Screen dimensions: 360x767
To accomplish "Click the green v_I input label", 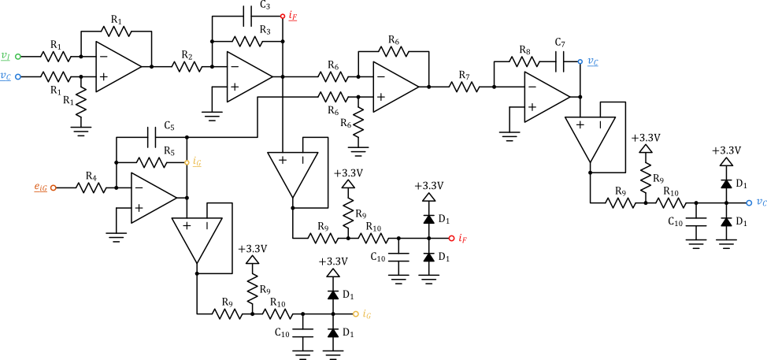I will [6, 56].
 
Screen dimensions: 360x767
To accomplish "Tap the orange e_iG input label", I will [40, 187].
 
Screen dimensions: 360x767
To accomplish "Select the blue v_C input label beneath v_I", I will [6, 76].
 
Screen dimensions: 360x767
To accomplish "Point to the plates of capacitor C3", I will [247, 15].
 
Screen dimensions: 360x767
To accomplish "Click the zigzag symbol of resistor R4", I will [91, 187].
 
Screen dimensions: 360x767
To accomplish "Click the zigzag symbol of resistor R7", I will [465, 86].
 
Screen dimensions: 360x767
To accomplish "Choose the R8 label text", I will [524, 50].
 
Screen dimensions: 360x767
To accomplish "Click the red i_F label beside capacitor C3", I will [293, 15].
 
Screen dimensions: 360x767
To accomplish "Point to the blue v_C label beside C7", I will [592, 61].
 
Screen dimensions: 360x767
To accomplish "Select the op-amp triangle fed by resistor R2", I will [249, 77].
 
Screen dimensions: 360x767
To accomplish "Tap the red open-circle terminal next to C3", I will [282, 15].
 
